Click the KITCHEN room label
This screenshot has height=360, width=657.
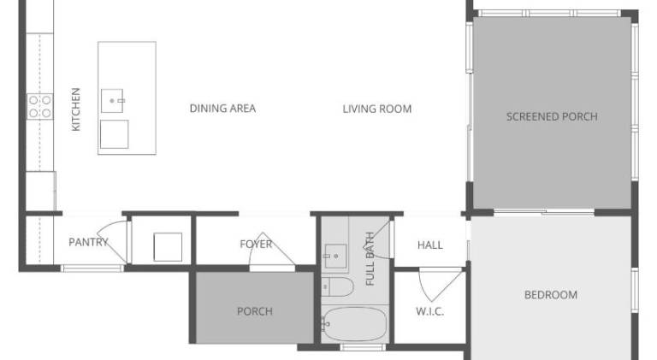click(x=76, y=109)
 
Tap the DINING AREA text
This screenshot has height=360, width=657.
click(x=222, y=109)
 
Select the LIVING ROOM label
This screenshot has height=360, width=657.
click(x=377, y=109)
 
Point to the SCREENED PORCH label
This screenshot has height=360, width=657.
click(x=552, y=116)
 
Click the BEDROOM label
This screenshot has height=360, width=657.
click(x=551, y=295)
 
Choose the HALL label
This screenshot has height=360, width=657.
click(x=430, y=245)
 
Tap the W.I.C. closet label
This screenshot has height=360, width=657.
click(x=430, y=311)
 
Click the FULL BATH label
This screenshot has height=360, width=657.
click(x=370, y=259)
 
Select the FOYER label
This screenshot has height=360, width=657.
click(x=256, y=244)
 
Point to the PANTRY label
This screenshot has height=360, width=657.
click(x=88, y=242)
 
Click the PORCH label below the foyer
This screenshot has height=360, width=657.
click(x=255, y=311)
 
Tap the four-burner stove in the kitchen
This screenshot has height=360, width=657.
click(x=40, y=106)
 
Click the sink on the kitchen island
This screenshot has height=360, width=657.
click(x=112, y=100)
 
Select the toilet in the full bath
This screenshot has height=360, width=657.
click(x=337, y=286)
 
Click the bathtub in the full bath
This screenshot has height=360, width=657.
click(x=354, y=324)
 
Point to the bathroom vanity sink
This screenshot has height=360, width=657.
click(x=335, y=257)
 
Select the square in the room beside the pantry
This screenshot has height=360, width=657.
click(x=168, y=247)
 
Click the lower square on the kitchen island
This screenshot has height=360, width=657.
click(x=115, y=134)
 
